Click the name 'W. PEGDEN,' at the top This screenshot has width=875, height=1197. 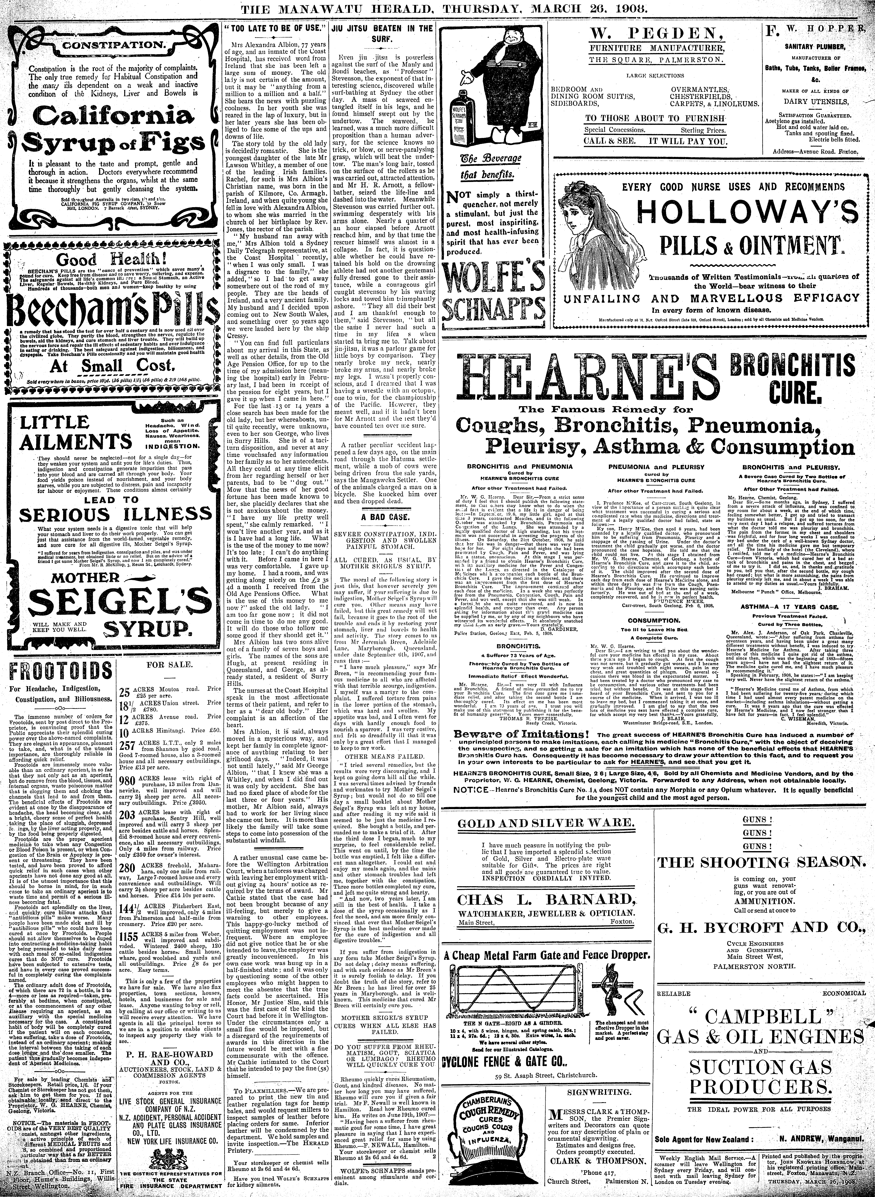[x=655, y=36]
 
